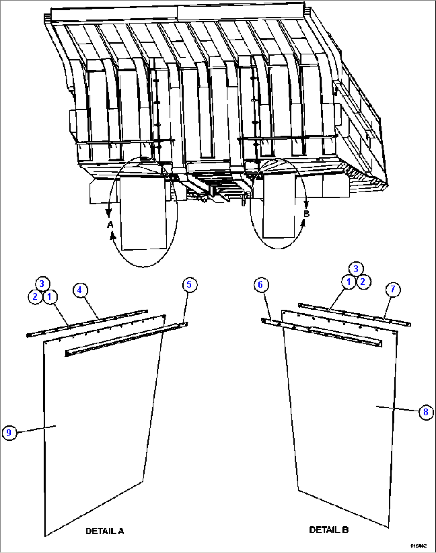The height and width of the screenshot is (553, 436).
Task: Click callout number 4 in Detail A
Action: [80, 290]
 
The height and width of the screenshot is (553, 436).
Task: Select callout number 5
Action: [189, 284]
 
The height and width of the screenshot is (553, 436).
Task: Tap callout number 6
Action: [260, 284]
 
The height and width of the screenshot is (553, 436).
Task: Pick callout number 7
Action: [393, 289]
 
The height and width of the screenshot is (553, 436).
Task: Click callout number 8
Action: [426, 412]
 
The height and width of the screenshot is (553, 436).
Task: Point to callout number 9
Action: [9, 433]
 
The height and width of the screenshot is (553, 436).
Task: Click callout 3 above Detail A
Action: [42, 284]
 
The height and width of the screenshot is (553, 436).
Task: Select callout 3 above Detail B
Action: [356, 269]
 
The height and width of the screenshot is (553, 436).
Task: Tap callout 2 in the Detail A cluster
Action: [35, 296]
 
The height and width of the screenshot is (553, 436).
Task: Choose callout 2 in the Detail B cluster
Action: [363, 282]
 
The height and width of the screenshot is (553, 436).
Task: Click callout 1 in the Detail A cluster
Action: [50, 296]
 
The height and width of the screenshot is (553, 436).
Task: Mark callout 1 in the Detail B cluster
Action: [348, 282]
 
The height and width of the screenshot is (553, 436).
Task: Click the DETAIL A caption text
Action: [105, 531]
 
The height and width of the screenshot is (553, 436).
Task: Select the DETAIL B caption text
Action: [329, 530]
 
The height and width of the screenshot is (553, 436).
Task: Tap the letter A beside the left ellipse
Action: [110, 225]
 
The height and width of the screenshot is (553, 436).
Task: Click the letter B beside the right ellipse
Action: [306, 214]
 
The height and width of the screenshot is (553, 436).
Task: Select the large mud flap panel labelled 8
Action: [344, 420]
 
